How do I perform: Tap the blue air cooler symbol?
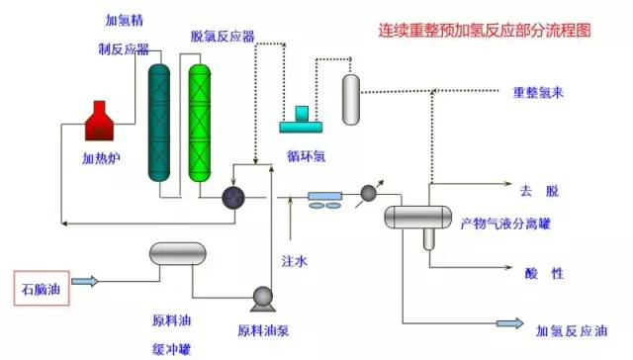[326, 200]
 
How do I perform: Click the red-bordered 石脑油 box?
[41, 289]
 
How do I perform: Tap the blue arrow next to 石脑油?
[86, 282]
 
